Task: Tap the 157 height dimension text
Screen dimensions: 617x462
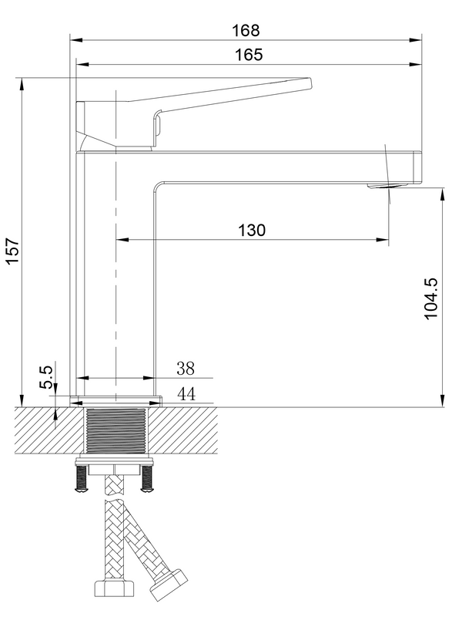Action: [x=12, y=251]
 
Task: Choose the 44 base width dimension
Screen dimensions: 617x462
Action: [x=186, y=394]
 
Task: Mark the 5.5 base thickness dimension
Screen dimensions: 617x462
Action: [x=46, y=378]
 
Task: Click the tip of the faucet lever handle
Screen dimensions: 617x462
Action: [x=308, y=83]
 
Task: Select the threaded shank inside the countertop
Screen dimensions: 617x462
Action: [x=115, y=432]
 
